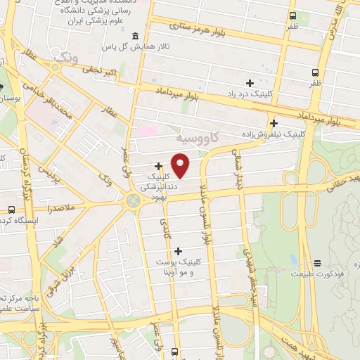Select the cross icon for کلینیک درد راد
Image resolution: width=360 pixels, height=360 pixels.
tap(250, 83)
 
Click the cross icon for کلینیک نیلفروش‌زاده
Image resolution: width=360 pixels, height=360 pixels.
tap(274, 123)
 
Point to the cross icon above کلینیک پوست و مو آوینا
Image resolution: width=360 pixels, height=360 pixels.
tap(178, 251)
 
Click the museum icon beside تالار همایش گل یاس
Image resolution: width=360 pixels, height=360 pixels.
tap(134, 37)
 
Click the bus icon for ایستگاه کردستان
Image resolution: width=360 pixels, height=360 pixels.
tap(11, 210)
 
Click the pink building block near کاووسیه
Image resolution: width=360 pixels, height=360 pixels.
tap(147, 131)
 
